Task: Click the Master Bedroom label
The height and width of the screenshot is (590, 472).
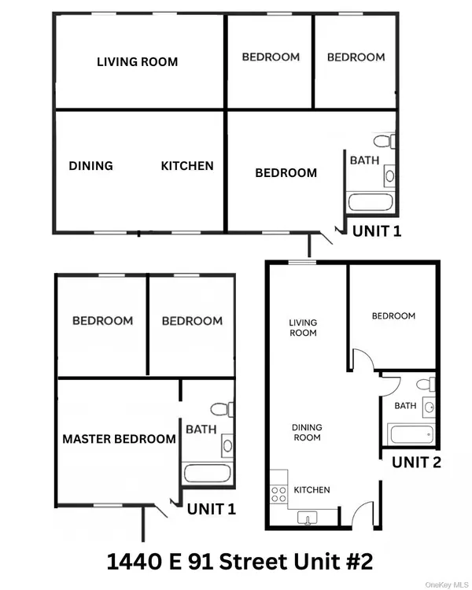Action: [119, 439]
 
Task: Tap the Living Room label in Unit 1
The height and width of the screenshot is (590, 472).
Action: [137, 61]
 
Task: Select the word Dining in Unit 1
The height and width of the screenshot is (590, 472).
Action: [90, 166]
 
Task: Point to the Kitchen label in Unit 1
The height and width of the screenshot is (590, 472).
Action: [187, 166]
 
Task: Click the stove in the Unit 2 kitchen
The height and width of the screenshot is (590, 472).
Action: [278, 493]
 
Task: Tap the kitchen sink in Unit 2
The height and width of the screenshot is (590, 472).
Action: [306, 517]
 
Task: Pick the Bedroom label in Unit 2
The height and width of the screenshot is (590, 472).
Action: [393, 315]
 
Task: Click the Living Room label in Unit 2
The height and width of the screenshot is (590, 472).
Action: [303, 327]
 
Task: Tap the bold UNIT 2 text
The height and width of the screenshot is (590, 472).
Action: [416, 462]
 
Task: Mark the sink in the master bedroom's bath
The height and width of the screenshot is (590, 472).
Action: [227, 444]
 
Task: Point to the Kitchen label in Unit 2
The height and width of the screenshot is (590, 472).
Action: [312, 489]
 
